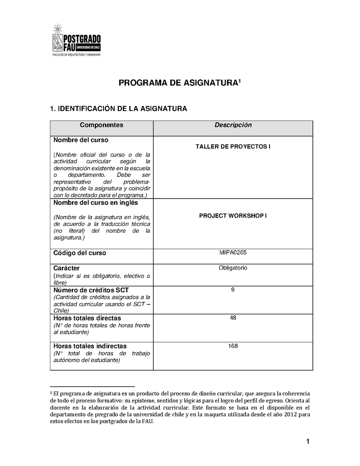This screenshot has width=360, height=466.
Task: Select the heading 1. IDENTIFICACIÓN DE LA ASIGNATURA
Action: pyautogui.click(x=118, y=109)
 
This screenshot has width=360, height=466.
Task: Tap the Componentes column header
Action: pyautogui.click(x=101, y=125)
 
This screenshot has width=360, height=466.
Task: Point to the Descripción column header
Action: pyautogui.click(x=233, y=125)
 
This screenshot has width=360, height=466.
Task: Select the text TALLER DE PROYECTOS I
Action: pyautogui.click(x=233, y=147)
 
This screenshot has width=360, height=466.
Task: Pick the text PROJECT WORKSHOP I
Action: pyautogui.click(x=233, y=216)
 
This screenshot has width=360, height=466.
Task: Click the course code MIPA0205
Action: pyautogui.click(x=233, y=253)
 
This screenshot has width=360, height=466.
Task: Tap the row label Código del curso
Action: pyautogui.click(x=80, y=253)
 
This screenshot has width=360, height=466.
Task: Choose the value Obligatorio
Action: pyautogui.click(x=233, y=268)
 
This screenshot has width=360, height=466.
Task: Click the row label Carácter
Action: pyautogui.click(x=67, y=268)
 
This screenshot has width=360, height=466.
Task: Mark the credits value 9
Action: pyautogui.click(x=233, y=290)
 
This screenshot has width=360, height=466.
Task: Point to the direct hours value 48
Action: pyautogui.click(x=233, y=318)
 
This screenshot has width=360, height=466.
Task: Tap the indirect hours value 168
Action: pyautogui.click(x=233, y=346)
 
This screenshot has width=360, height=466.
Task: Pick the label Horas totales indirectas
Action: pyautogui.click(x=90, y=346)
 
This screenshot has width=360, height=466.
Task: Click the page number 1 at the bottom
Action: pyautogui.click(x=308, y=442)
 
